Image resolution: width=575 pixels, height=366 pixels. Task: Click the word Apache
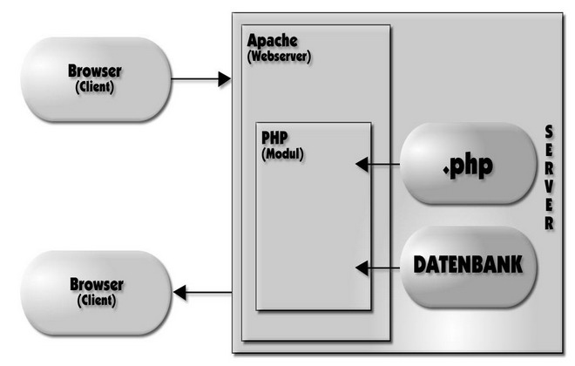pyautogui.click(x=272, y=41)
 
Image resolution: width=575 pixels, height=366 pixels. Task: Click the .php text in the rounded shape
pyautogui.click(x=467, y=165)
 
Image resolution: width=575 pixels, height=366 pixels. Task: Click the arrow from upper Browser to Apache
pyautogui.click(x=200, y=80)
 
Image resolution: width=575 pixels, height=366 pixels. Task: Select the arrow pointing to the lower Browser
pyautogui.click(x=205, y=294)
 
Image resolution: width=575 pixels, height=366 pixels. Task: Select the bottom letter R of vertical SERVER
pyautogui.click(x=549, y=224)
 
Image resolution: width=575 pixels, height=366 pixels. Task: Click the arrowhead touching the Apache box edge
pyautogui.click(x=224, y=80)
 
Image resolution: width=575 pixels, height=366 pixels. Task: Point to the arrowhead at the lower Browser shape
pyautogui.click(x=180, y=294)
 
